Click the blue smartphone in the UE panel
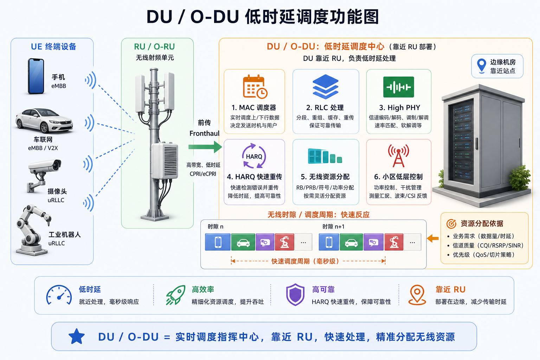click(36, 76)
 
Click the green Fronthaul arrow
click(205, 147)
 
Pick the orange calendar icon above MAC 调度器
click(255, 87)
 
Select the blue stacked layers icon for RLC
click(326, 86)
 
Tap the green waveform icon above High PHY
click(398, 87)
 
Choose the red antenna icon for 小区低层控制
click(398, 156)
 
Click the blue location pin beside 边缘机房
click(482, 66)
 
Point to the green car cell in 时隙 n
click(243, 242)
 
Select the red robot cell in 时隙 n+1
click(394, 242)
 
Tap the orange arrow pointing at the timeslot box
click(433, 238)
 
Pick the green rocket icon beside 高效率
click(176, 295)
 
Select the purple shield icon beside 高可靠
click(295, 294)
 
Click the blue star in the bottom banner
click(77, 336)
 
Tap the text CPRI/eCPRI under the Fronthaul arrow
click(203, 174)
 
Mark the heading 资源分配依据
click(482, 224)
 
